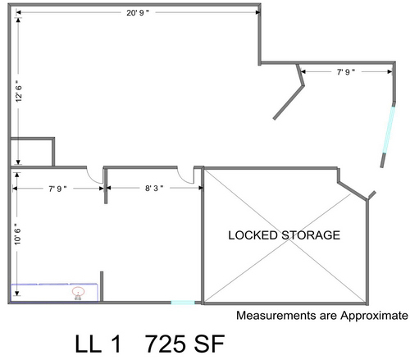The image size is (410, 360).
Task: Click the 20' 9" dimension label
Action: click(x=138, y=12)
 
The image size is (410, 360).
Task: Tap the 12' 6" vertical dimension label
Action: click(x=19, y=91)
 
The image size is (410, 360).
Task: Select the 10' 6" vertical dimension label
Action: click(x=17, y=234)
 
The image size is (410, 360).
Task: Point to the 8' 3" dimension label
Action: click(x=154, y=188)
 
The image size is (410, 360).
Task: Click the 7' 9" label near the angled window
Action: click(x=346, y=71)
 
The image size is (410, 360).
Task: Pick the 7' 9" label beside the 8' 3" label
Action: click(x=57, y=189)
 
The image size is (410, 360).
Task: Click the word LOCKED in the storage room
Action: click(x=253, y=235)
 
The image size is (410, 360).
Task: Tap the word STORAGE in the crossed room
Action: click(x=311, y=235)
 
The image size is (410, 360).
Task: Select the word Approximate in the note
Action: click(x=374, y=316)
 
